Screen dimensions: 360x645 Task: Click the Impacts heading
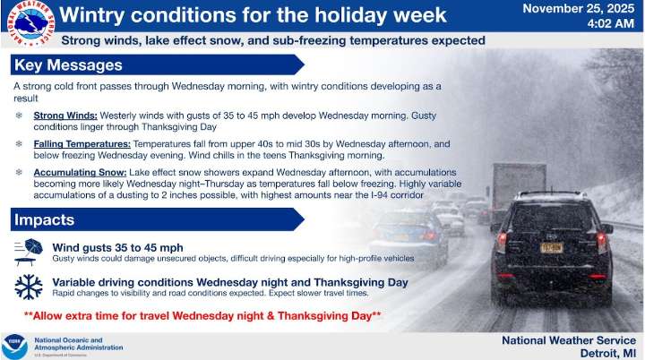[x=44, y=219]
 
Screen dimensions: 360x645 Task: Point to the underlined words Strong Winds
[x=65, y=116]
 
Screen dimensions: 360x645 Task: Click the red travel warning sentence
[x=202, y=315]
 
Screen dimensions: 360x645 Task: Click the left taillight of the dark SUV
[x=503, y=241]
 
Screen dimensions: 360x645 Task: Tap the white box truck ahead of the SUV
[x=517, y=183]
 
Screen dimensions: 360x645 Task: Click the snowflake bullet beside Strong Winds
[x=20, y=116]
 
